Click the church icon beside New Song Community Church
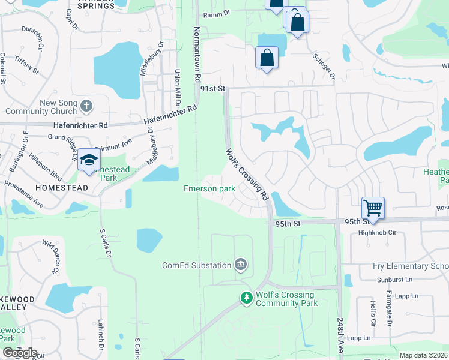(x=87, y=107)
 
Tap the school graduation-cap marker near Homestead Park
(x=88, y=159)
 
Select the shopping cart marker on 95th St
(x=373, y=209)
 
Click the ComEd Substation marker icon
(x=241, y=265)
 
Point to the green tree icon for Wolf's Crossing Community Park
(x=246, y=298)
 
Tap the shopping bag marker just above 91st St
(x=267, y=59)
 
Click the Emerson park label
(x=209, y=189)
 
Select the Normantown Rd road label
(x=196, y=55)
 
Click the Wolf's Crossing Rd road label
(x=246, y=174)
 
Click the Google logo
(x=20, y=353)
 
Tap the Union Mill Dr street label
(x=177, y=85)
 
